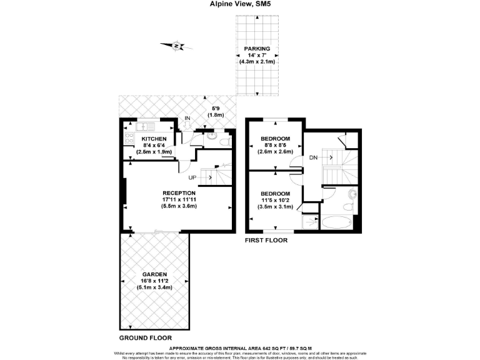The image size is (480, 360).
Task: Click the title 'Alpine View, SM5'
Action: click(x=240, y=4)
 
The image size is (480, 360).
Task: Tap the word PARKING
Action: click(x=257, y=49)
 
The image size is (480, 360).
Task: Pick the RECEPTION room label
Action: click(x=179, y=192)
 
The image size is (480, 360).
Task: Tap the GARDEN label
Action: click(x=154, y=274)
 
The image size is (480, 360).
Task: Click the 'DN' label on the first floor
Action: click(x=312, y=157)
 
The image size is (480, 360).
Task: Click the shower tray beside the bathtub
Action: click(x=310, y=222)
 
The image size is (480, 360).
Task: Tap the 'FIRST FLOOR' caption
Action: click(x=266, y=240)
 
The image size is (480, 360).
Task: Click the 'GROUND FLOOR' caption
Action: click(x=145, y=337)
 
